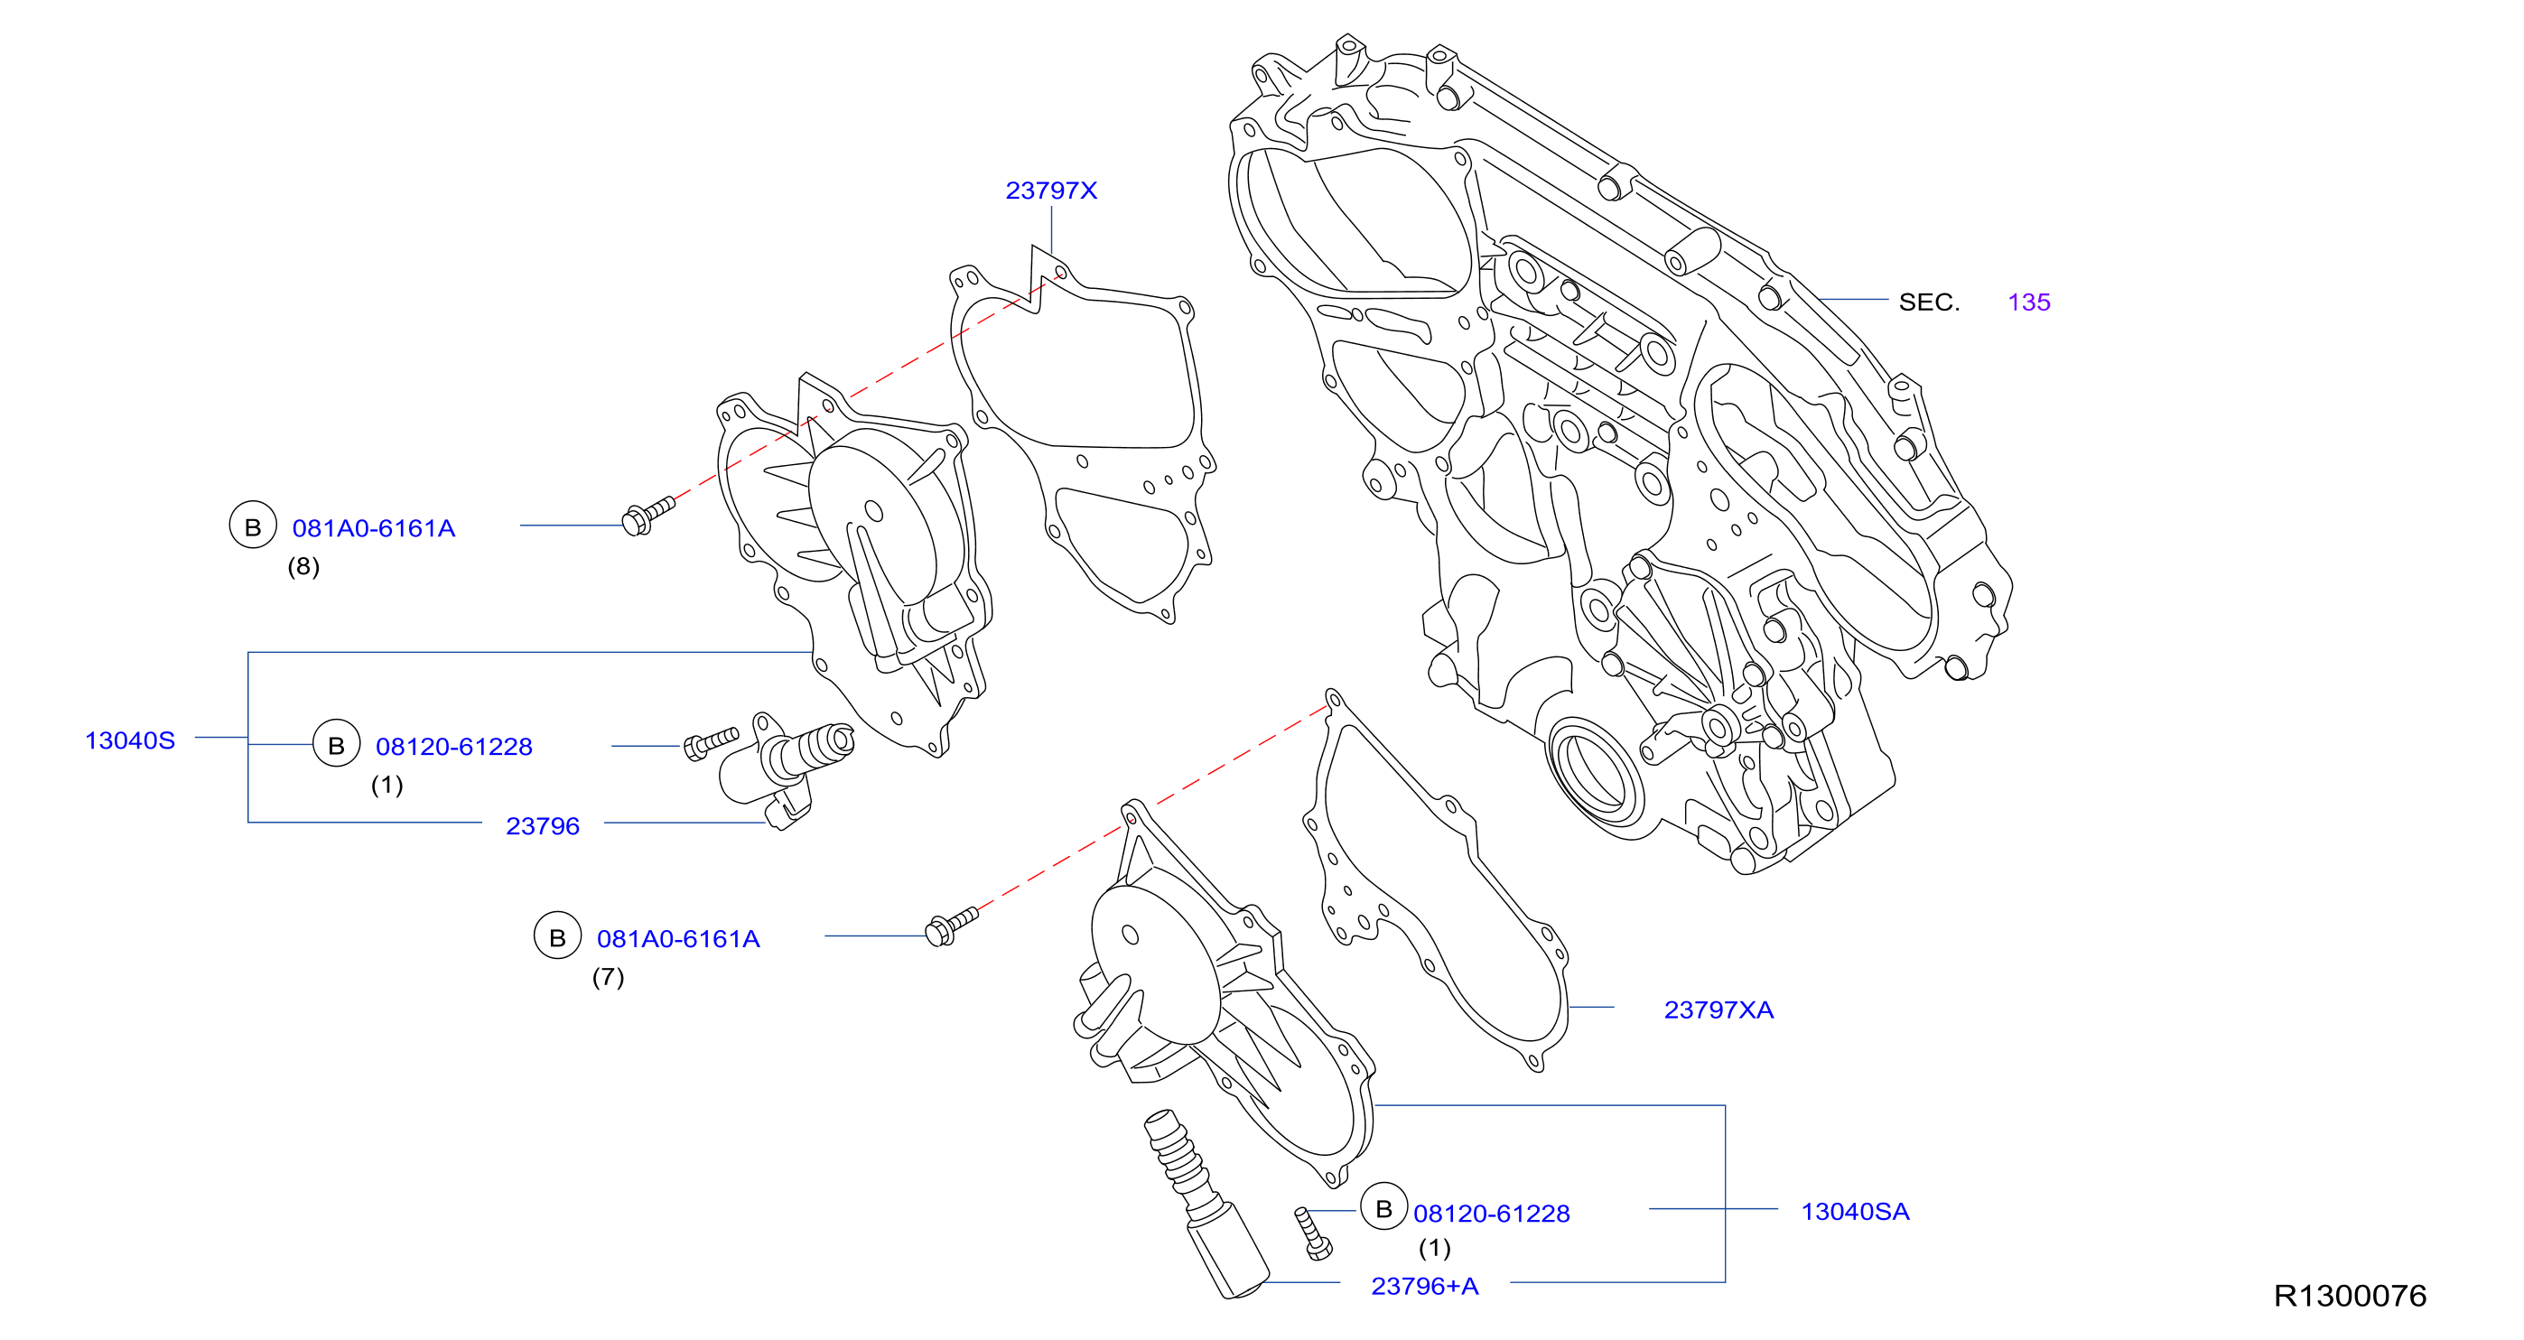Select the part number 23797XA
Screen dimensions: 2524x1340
click(1718, 1010)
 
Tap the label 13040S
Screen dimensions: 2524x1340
click(130, 740)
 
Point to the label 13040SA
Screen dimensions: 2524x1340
click(1855, 1212)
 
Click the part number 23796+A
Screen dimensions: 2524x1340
click(1425, 1286)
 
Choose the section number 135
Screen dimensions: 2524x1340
click(2028, 302)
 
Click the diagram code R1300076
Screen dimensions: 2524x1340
click(2350, 1296)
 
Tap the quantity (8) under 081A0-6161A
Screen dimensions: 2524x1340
click(303, 566)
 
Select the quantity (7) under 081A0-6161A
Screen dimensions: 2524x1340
click(608, 977)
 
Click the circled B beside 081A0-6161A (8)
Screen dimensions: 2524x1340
click(253, 526)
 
